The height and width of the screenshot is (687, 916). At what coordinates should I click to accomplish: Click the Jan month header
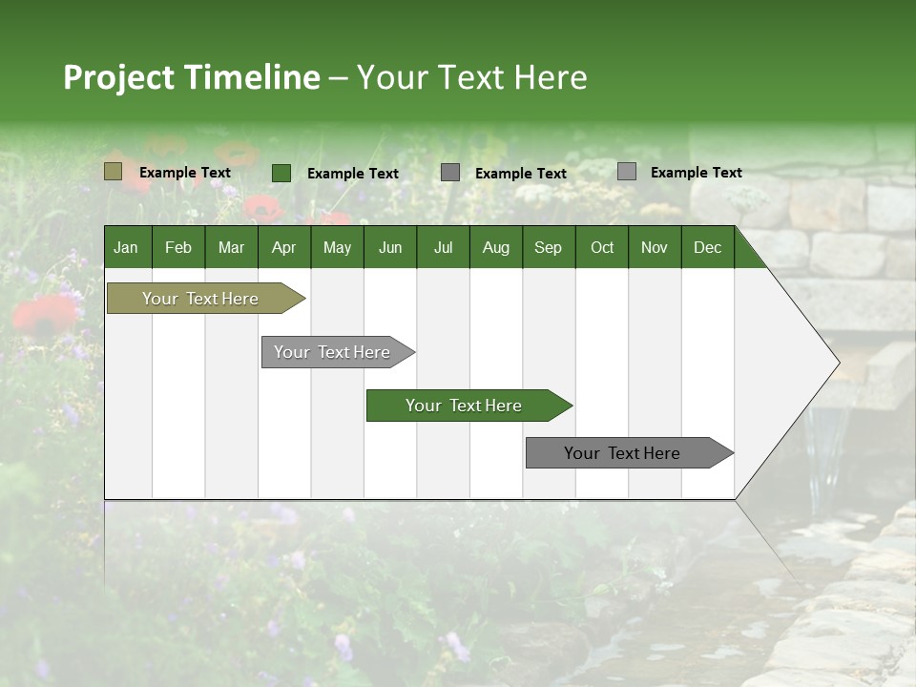click(126, 247)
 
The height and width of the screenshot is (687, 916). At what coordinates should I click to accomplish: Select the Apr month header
click(283, 247)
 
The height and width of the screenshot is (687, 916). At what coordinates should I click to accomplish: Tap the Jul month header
click(443, 247)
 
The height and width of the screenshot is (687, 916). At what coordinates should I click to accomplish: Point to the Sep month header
click(548, 247)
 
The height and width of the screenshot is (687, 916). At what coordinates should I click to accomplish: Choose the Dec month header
click(707, 247)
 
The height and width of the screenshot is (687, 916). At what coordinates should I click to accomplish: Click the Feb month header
click(178, 247)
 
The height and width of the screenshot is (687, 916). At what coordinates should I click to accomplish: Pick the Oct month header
click(602, 247)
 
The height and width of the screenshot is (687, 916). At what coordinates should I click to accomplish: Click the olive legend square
click(113, 172)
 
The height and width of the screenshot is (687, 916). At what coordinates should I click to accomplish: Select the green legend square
click(281, 173)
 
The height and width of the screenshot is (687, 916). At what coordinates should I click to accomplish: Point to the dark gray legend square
click(450, 173)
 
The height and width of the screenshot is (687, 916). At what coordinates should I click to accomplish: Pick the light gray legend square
click(626, 172)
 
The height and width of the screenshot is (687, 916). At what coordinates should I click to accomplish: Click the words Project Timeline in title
click(191, 77)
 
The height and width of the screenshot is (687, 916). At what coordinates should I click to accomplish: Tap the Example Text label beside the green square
click(353, 174)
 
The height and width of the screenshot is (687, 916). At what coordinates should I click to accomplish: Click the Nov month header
click(655, 247)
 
